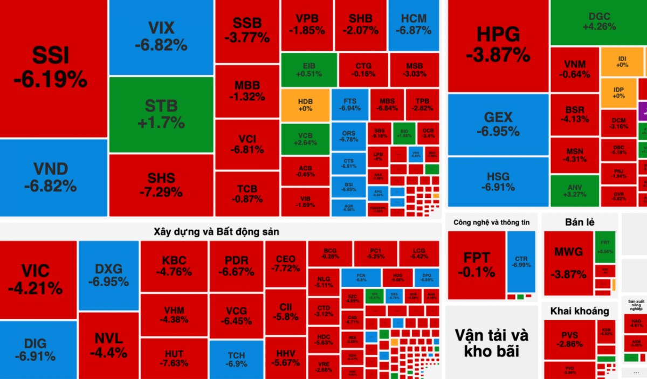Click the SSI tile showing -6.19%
click(x=51, y=67)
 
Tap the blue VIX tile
click(x=161, y=37)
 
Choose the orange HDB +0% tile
click(x=305, y=105)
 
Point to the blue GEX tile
click(x=498, y=124)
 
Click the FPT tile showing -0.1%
click(x=476, y=264)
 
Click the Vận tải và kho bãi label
click(x=491, y=343)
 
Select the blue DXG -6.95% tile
click(x=108, y=275)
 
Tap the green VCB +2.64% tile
click(x=305, y=139)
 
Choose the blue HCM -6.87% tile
click(x=414, y=24)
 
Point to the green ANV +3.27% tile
click(x=574, y=190)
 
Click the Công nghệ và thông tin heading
click(x=491, y=222)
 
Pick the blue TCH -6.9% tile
click(x=236, y=360)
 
